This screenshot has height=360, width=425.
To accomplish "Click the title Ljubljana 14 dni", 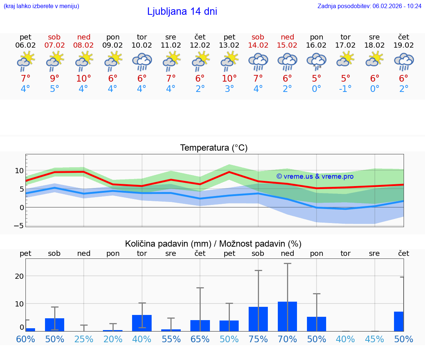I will pos(182,11).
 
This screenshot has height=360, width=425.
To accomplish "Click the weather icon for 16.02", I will pos(317,61).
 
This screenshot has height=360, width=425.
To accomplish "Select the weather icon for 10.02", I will pos(142,61).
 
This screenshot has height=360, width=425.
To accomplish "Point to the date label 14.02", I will pos(258,45).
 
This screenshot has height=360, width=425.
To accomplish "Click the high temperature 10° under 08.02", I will pos(84,78).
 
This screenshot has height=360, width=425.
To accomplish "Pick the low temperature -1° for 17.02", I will pos(345,89).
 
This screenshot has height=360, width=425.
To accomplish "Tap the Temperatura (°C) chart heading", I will pos(214,148).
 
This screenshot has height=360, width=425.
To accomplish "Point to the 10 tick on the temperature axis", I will pos(19,171).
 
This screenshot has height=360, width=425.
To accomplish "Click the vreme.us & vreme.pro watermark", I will pos(315,176).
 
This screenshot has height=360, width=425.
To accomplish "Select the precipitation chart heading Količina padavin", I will pos(213,244).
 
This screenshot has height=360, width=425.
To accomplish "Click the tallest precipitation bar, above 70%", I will pos(287,316).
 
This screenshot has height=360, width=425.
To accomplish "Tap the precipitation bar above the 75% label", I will pos(258,319).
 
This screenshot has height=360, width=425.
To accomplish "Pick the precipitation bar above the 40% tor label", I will pos(142,323).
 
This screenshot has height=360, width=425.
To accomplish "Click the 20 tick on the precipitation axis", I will pos(19,276).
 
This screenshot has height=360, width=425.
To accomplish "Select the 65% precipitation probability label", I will pos(200,339).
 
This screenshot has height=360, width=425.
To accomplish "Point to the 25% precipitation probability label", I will pos(84,339).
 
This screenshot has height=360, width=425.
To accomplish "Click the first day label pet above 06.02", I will pos(25,37).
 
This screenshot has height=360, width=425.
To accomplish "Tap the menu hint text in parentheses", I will pos(41,6).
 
